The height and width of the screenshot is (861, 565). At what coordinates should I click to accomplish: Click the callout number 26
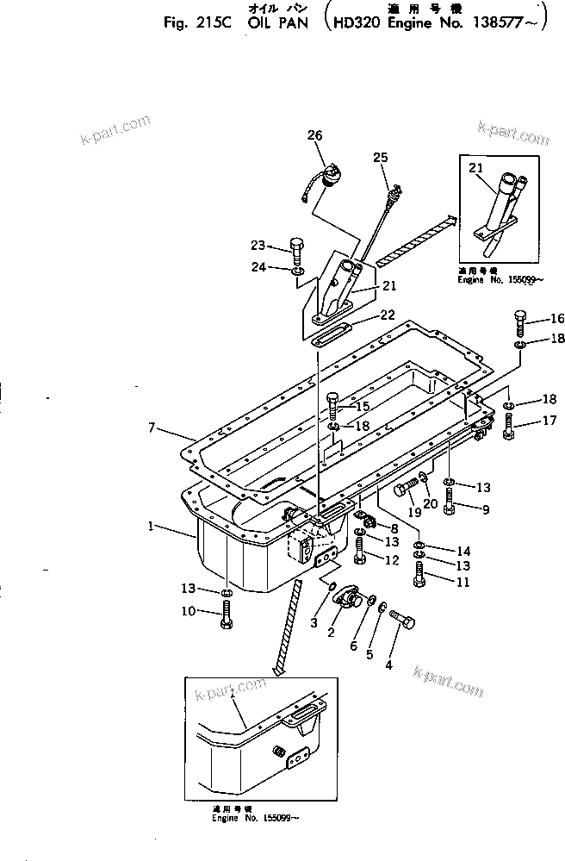(x=314, y=134)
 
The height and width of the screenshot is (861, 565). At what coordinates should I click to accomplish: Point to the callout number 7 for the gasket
(x=151, y=427)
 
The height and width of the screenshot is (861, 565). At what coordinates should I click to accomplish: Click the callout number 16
(x=556, y=319)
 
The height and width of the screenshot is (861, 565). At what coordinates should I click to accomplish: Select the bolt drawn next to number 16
(x=521, y=322)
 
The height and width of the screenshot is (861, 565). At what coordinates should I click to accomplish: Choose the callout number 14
(x=463, y=550)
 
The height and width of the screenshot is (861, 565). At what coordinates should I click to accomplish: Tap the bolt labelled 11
(x=419, y=580)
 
